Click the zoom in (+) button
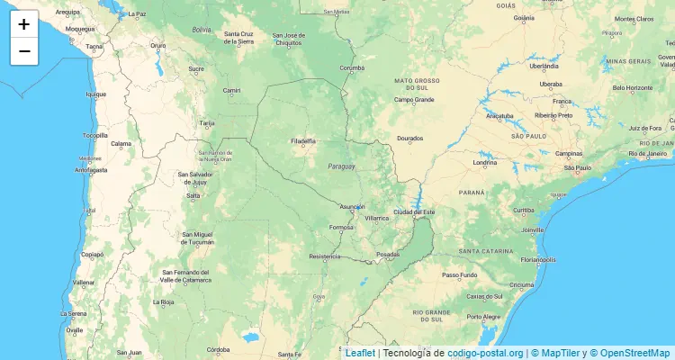(24, 24)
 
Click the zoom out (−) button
(24, 51)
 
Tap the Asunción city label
(351, 206)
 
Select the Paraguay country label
(341, 166)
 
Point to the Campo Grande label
(414, 99)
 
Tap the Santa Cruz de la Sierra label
(243, 39)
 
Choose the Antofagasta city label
(91, 169)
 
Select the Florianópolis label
(536, 259)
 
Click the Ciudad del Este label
(414, 211)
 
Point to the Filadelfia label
(303, 140)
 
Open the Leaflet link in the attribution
(360, 353)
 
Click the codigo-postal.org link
(485, 353)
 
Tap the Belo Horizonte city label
(633, 87)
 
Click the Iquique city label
(95, 94)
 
